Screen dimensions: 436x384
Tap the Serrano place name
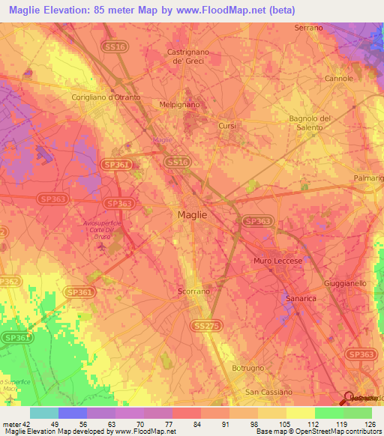click(309, 28)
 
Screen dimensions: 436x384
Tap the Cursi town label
click(227, 126)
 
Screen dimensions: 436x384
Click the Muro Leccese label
click(277, 260)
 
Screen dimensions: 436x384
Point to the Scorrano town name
click(193, 291)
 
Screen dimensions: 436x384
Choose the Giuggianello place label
click(345, 284)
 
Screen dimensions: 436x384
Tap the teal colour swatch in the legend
click(43, 413)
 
